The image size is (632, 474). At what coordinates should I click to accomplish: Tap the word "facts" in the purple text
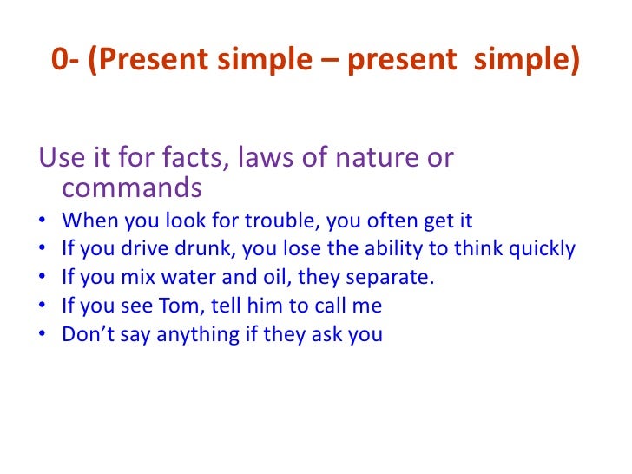point(183,160)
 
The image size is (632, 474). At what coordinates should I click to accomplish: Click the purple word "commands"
point(132,188)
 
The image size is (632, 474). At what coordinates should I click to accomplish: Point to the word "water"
point(176,278)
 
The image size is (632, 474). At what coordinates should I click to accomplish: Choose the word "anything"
point(191,335)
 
